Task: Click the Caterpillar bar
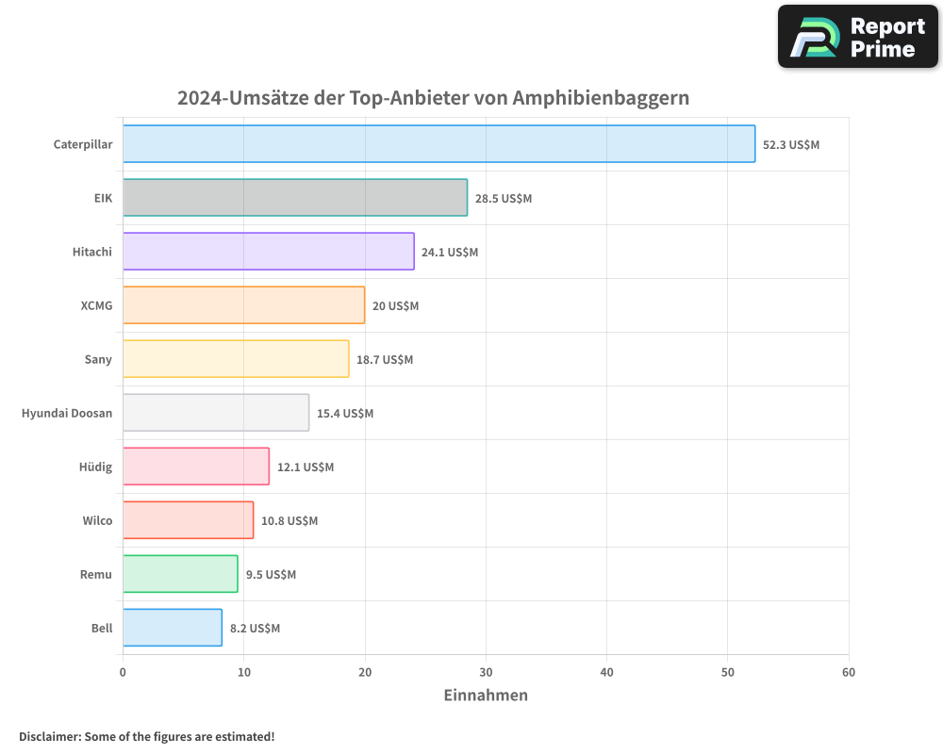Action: (x=438, y=144)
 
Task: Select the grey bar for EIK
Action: (x=294, y=198)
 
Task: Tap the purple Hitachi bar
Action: (x=268, y=252)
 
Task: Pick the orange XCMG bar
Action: (x=243, y=305)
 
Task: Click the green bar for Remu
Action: (x=180, y=574)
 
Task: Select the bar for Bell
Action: (x=172, y=628)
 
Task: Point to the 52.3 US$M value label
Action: (x=790, y=145)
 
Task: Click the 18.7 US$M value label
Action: (x=385, y=360)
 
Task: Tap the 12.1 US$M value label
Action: (x=306, y=467)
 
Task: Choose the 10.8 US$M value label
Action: (x=290, y=521)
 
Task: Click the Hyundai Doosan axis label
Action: (x=67, y=414)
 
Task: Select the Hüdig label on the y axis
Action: (x=96, y=467)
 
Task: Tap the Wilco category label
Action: (x=97, y=521)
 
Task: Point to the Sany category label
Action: (x=98, y=360)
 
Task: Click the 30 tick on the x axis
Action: (x=486, y=672)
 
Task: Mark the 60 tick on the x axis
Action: (x=849, y=672)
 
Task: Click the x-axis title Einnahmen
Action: (x=486, y=696)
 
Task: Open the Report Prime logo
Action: (x=857, y=37)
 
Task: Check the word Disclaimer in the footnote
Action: (x=49, y=736)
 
